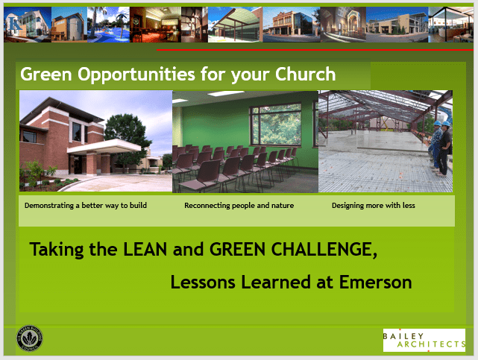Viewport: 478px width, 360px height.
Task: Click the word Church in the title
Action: point(305,75)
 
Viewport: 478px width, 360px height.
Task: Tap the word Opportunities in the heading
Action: point(136,75)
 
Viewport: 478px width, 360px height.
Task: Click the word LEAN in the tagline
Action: point(145,249)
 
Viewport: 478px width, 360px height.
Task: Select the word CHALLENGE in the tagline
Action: point(324,250)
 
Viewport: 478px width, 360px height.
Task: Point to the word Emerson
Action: point(375,282)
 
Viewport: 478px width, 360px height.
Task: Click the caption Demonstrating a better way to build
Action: point(86,206)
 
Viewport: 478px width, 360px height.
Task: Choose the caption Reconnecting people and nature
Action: point(239,206)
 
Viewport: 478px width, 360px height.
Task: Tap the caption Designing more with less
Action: point(374,206)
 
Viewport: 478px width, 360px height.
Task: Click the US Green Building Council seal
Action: point(30,338)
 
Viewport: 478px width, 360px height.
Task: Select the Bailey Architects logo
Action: point(424,340)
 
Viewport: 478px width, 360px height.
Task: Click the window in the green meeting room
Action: point(276,124)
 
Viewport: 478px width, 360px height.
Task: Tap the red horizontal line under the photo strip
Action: point(315,50)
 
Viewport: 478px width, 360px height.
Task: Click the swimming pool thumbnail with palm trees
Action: point(109,25)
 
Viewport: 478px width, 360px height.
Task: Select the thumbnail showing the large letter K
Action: point(28,25)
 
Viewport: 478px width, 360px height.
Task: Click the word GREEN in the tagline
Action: point(237,249)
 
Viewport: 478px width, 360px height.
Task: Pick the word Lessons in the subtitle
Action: point(203,282)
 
